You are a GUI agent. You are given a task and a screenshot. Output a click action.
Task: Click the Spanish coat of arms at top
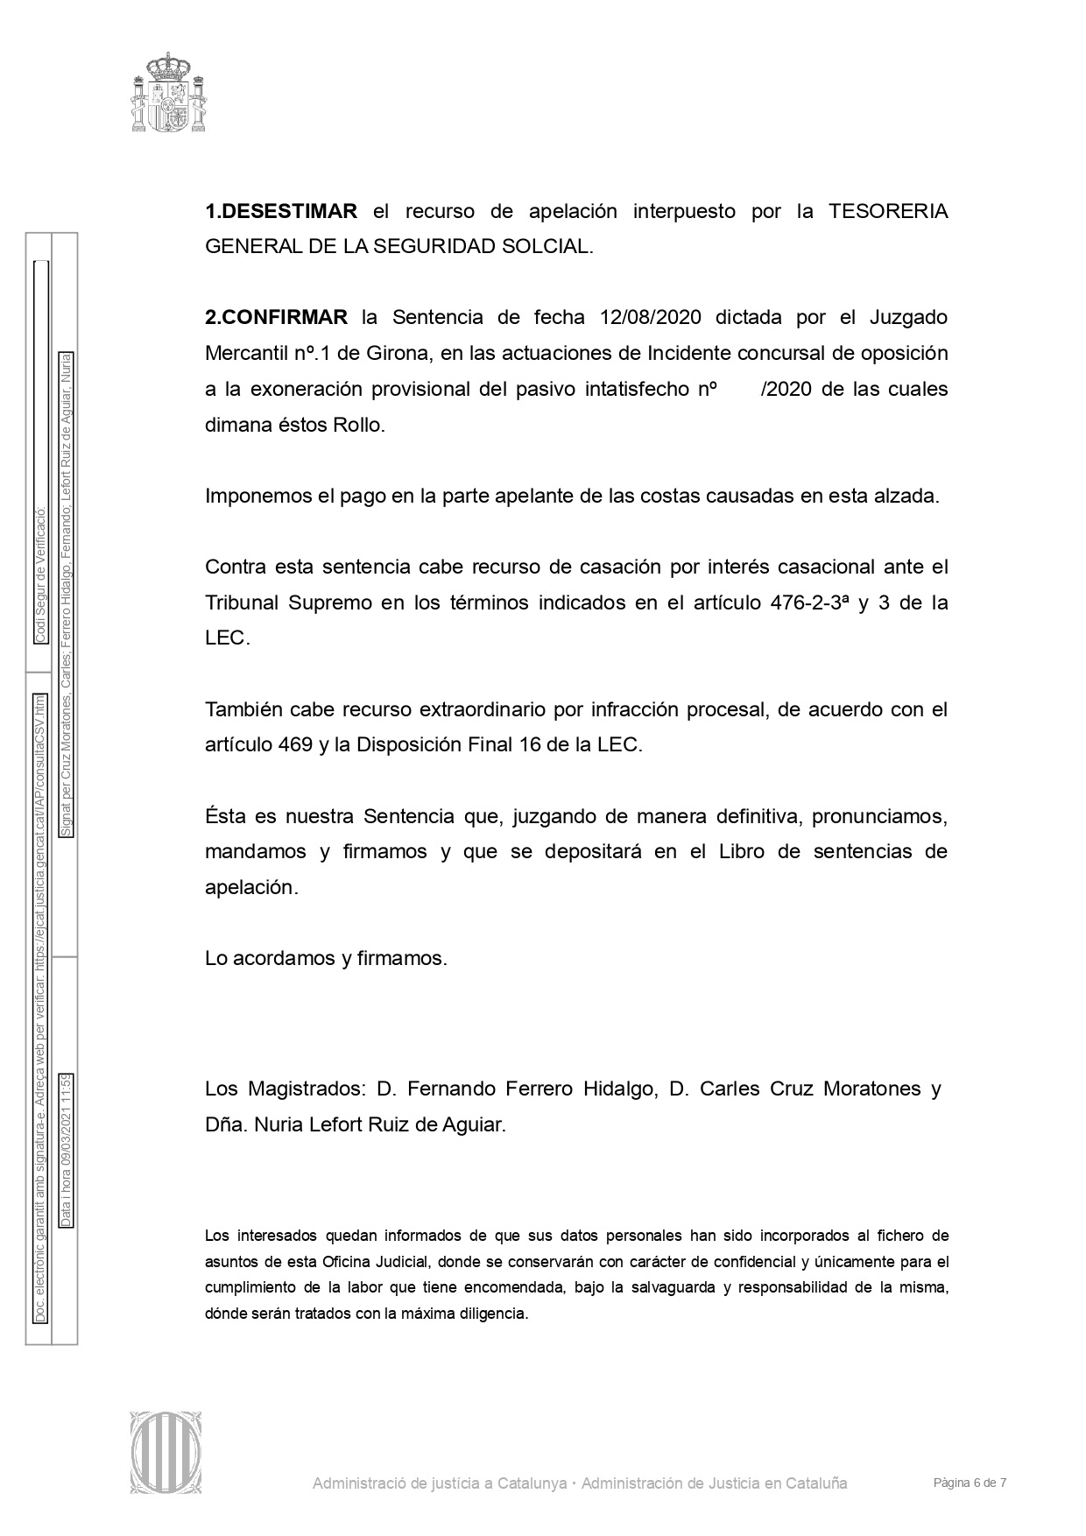(169, 92)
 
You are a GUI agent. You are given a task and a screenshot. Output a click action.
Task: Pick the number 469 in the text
(296, 744)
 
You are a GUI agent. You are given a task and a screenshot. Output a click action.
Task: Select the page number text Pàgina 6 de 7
(970, 1483)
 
